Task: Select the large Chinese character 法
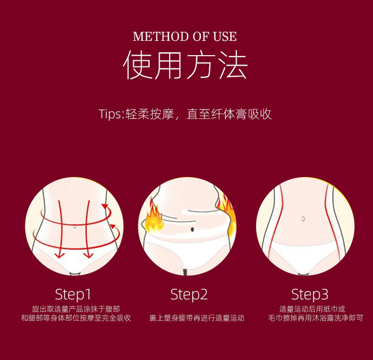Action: point(233,65)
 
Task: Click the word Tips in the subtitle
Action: point(110,114)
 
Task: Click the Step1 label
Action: point(73,295)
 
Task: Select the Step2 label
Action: point(189,295)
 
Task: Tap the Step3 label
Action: point(310,295)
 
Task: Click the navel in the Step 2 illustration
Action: point(192,229)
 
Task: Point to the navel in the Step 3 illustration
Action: point(303,219)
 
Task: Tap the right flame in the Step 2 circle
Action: point(228,214)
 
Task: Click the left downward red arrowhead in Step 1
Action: point(60,256)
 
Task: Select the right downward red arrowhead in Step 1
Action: point(88,256)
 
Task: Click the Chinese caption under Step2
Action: point(197,318)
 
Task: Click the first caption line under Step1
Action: point(76,309)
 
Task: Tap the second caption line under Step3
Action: point(316,318)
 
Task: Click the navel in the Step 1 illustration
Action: point(75,226)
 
